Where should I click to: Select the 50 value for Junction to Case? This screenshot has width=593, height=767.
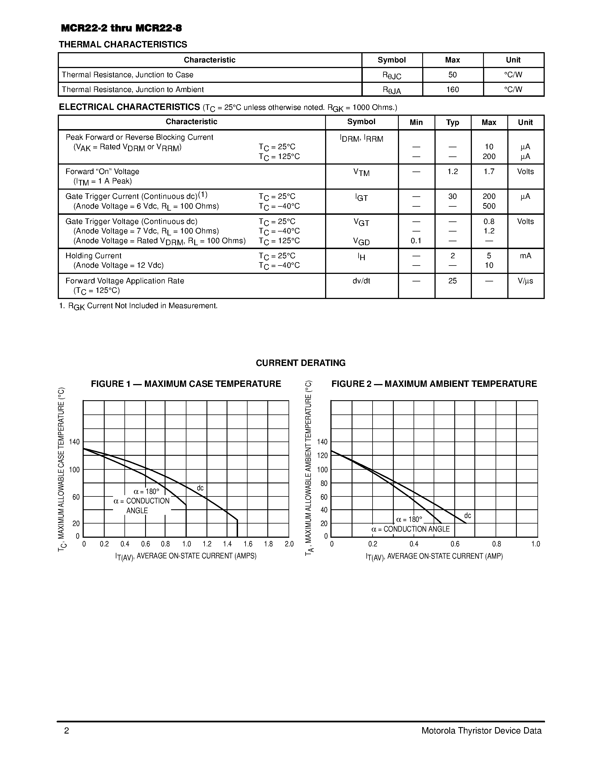[x=452, y=75]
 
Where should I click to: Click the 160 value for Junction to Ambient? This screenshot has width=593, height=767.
[x=452, y=90]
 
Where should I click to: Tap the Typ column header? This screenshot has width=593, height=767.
[x=452, y=122]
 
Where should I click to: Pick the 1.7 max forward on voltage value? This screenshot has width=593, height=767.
[x=489, y=172]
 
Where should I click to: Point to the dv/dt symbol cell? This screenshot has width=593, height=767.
[x=361, y=281]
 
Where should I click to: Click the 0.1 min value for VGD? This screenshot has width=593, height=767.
[x=416, y=241]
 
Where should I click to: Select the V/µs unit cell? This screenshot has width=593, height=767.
[x=525, y=281]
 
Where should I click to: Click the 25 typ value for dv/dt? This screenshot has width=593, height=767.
[x=452, y=281]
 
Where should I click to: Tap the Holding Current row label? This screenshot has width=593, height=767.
[x=93, y=256]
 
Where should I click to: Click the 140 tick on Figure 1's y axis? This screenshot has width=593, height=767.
[x=75, y=442]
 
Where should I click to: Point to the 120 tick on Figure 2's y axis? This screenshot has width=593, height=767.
[x=322, y=456]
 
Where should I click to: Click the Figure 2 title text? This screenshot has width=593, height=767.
[x=434, y=384]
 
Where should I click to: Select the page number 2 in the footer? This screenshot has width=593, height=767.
[x=67, y=731]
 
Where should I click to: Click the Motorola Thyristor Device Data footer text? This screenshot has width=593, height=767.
[x=481, y=731]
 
